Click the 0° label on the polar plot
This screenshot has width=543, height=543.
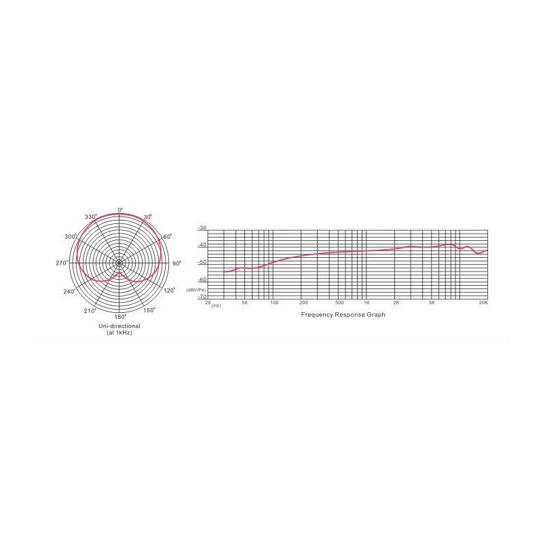click(120, 210)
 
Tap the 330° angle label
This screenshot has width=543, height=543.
click(91, 217)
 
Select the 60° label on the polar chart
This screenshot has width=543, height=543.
click(168, 237)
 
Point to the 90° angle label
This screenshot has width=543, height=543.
click(176, 263)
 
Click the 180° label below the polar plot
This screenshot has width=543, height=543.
click(121, 316)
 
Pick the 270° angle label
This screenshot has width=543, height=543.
click(62, 263)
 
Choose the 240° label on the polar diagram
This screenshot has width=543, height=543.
click(69, 291)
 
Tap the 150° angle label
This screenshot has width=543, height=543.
click(149, 310)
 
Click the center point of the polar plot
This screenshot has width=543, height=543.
click(119, 263)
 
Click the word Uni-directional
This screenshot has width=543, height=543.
click(119, 326)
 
